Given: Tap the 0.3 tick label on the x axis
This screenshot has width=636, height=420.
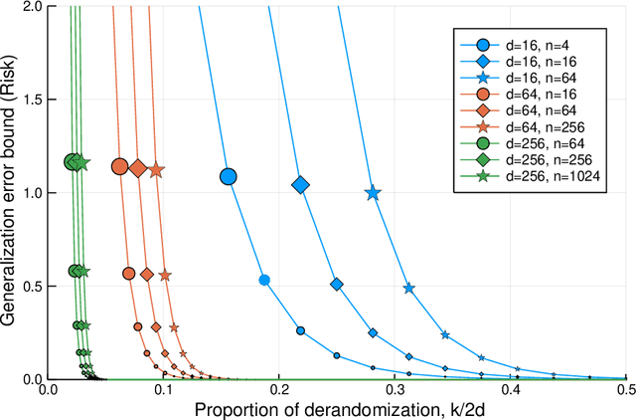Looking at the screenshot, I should pyautogui.click(x=395, y=391).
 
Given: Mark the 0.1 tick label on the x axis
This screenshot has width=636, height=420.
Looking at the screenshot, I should pyautogui.click(x=163, y=391).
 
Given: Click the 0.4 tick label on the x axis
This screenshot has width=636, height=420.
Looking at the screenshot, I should pyautogui.click(x=510, y=391).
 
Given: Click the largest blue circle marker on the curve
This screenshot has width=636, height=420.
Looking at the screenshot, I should pyautogui.click(x=228, y=176).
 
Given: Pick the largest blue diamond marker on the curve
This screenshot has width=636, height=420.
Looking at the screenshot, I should pyautogui.click(x=300, y=185).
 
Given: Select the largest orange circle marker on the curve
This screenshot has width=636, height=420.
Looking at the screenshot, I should pyautogui.click(x=119, y=166).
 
